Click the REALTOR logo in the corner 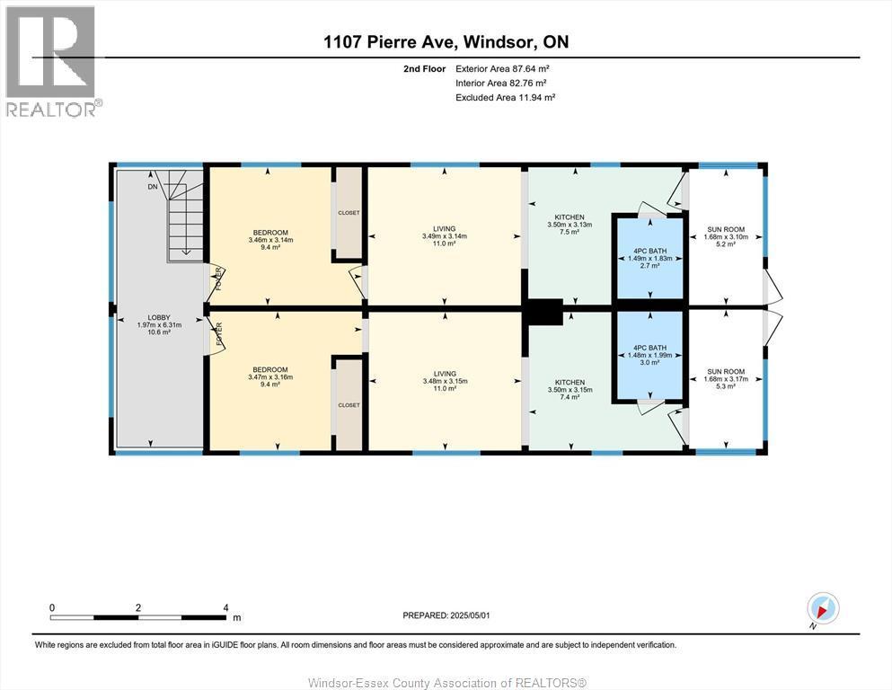click(50, 60)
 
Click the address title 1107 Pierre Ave click(446, 42)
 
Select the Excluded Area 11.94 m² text click(505, 97)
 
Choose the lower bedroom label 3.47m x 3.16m click(269, 376)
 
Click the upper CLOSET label click(349, 214)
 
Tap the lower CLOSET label click(349, 405)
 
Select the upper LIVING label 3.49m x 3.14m click(444, 236)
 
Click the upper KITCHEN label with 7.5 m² click(570, 225)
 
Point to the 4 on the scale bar click(225, 607)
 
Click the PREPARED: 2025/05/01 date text click(446, 615)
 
